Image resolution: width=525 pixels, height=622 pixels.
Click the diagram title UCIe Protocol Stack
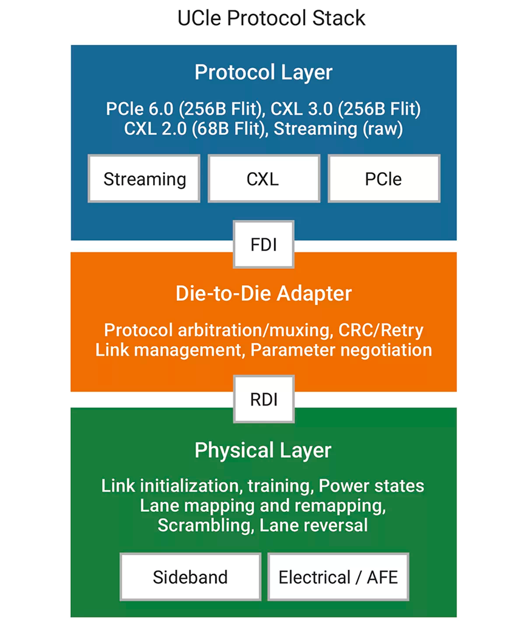[271, 18]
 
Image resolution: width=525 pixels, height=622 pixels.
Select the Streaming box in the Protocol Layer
[144, 179]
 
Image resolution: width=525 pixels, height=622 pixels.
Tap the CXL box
[264, 179]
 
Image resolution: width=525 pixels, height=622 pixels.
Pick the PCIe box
[384, 179]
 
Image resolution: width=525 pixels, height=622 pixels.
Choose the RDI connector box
[264, 399]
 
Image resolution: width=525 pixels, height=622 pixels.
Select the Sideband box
[190, 576]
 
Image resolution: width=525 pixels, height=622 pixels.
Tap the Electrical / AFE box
[338, 576]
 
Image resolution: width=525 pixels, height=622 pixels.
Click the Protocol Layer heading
[264, 72]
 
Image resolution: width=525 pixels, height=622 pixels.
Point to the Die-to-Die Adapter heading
[264, 294]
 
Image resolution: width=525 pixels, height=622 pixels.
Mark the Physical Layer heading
[263, 451]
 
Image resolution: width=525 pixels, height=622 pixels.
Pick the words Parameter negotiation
[341, 350]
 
